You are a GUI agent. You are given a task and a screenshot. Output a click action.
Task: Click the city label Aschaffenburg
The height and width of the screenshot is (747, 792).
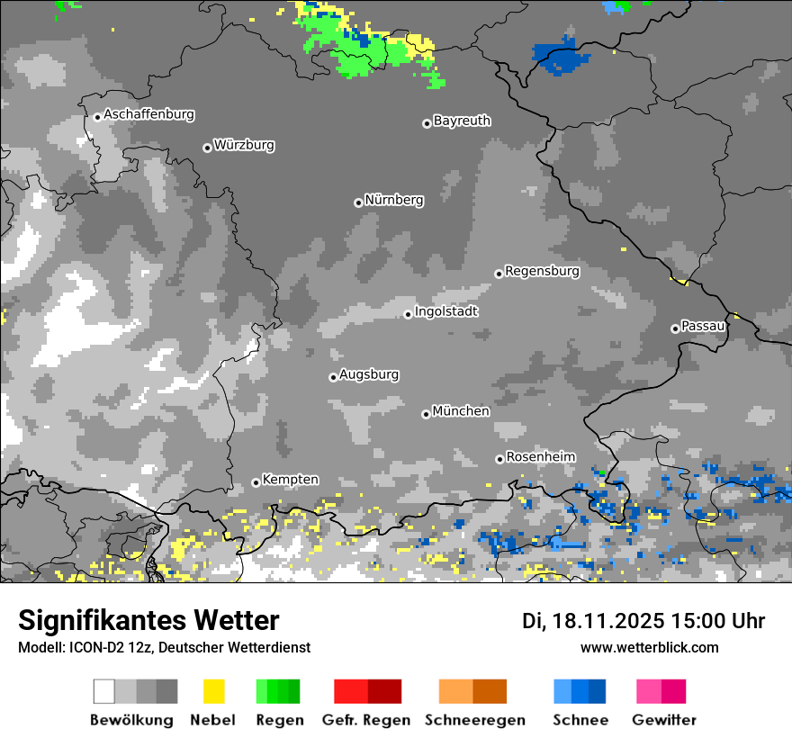pyautogui.click(x=148, y=115)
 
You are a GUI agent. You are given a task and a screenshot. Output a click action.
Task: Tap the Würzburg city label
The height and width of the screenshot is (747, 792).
pyautogui.click(x=244, y=146)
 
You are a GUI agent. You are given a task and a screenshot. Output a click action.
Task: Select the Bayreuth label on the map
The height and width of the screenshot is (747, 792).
pyautogui.click(x=462, y=121)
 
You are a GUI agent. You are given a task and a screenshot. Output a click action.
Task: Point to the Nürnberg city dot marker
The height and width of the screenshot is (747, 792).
pyautogui.click(x=358, y=202)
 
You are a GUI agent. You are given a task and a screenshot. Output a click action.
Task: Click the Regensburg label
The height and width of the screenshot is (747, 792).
pyautogui.click(x=542, y=271)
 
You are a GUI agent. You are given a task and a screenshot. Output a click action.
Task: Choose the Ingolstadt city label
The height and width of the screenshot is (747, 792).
pyautogui.click(x=445, y=311)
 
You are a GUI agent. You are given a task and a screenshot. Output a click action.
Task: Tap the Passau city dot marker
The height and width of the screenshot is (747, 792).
pyautogui.click(x=675, y=328)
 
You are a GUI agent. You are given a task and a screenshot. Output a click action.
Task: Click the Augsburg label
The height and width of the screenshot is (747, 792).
pyautogui.click(x=369, y=374)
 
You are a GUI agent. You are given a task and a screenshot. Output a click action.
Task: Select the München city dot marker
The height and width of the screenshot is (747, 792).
pyautogui.click(x=426, y=414)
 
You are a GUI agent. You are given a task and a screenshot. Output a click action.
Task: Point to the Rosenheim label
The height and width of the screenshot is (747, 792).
pyautogui.click(x=540, y=457)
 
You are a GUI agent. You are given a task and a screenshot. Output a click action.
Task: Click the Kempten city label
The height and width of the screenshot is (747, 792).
pyautogui.click(x=290, y=480)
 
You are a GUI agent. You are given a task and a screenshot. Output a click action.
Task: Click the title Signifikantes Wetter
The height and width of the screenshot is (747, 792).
pyautogui.click(x=148, y=620)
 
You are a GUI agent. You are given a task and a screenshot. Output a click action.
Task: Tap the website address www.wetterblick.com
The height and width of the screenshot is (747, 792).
pyautogui.click(x=649, y=647)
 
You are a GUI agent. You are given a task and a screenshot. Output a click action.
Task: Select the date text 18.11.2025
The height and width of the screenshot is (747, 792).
pyautogui.click(x=608, y=621)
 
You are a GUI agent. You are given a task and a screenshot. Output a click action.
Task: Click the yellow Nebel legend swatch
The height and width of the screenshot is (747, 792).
pyautogui.click(x=213, y=691)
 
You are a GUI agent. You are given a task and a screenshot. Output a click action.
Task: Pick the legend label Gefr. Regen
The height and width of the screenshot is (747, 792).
pyautogui.click(x=366, y=720)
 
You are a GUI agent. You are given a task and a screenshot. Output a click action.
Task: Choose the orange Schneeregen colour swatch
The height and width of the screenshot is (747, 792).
pyautogui.click(x=472, y=691)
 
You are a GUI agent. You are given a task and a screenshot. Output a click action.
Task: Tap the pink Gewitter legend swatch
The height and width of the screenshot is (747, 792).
pyautogui.click(x=661, y=691)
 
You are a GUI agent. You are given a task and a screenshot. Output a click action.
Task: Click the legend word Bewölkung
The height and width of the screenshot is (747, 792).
pyautogui.click(x=131, y=720)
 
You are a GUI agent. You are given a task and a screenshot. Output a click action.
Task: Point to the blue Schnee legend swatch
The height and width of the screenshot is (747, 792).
pyautogui.click(x=580, y=691)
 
